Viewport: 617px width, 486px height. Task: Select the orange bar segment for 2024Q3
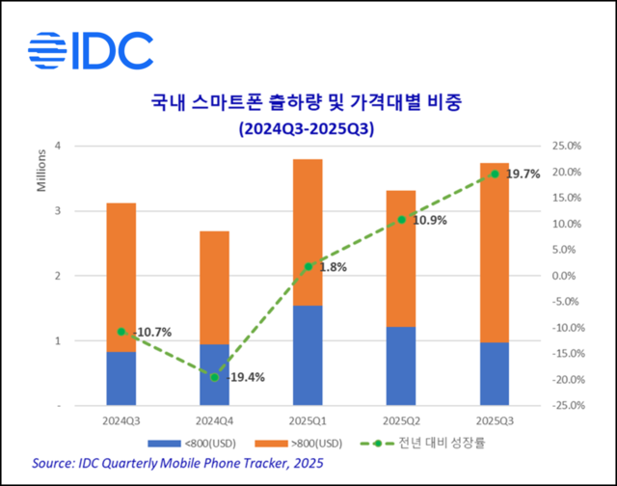click(x=121, y=278)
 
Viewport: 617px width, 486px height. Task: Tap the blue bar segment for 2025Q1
click(x=308, y=355)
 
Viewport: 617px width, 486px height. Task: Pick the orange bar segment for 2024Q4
click(x=214, y=287)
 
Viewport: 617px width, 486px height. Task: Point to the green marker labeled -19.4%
click(x=214, y=377)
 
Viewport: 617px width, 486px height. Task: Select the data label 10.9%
click(x=429, y=221)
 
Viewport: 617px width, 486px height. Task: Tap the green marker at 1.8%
click(x=308, y=266)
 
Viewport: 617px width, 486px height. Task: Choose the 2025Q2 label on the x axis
click(x=402, y=421)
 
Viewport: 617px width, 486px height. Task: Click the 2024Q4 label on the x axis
click(x=214, y=421)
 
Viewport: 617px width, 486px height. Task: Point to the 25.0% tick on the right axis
click(x=563, y=147)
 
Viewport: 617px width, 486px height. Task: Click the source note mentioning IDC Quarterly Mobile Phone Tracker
click(x=176, y=464)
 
